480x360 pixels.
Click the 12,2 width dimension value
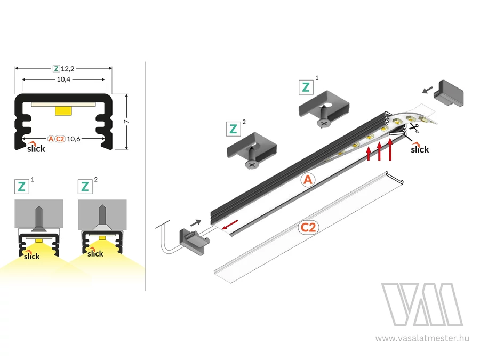coord(68,69)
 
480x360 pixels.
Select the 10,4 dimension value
coord(63,79)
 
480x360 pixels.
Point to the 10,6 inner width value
coord(74,139)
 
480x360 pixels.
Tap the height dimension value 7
coord(126,122)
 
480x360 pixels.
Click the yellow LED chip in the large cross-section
coord(63,110)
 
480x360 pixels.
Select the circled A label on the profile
coord(308,180)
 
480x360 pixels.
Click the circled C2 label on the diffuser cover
coord(308,227)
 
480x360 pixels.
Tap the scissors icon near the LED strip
coord(413,127)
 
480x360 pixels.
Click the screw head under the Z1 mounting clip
coord(324,123)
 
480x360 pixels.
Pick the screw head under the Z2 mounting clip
coord(252,165)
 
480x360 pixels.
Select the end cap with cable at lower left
coord(194,241)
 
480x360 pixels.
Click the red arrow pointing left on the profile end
coord(230,225)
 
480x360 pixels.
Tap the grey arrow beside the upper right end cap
coord(428,90)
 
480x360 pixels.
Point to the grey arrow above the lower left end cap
coord(196,222)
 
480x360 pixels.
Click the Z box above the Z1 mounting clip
coord(306,87)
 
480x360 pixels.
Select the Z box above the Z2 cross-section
coord(85,187)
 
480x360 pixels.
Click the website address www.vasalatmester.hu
coord(422,338)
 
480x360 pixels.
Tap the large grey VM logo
coord(422,305)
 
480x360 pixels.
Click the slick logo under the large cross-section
coord(36,147)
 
